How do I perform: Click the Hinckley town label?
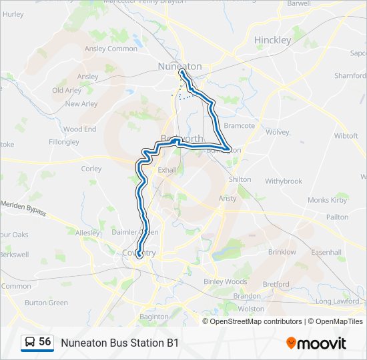tap(273, 40)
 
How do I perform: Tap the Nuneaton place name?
tap(179, 66)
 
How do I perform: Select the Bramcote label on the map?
tap(239, 125)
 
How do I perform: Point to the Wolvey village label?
tap(277, 132)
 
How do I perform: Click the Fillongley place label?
tap(64, 142)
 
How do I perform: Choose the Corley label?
tap(91, 169)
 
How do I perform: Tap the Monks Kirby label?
tap(327, 200)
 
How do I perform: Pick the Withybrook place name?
tap(284, 181)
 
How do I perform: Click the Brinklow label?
tap(282, 252)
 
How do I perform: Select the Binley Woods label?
tap(225, 281)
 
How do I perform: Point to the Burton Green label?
tap(46, 303)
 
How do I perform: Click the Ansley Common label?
tap(111, 49)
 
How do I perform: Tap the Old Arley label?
tap(67, 91)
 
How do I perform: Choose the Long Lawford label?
tap(337, 301)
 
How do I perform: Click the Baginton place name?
tap(154, 317)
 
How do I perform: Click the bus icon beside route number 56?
tap(30, 343)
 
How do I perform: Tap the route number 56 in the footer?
tap(45, 342)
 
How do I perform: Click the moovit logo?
tap(316, 343)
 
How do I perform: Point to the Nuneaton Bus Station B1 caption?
tap(120, 343)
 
